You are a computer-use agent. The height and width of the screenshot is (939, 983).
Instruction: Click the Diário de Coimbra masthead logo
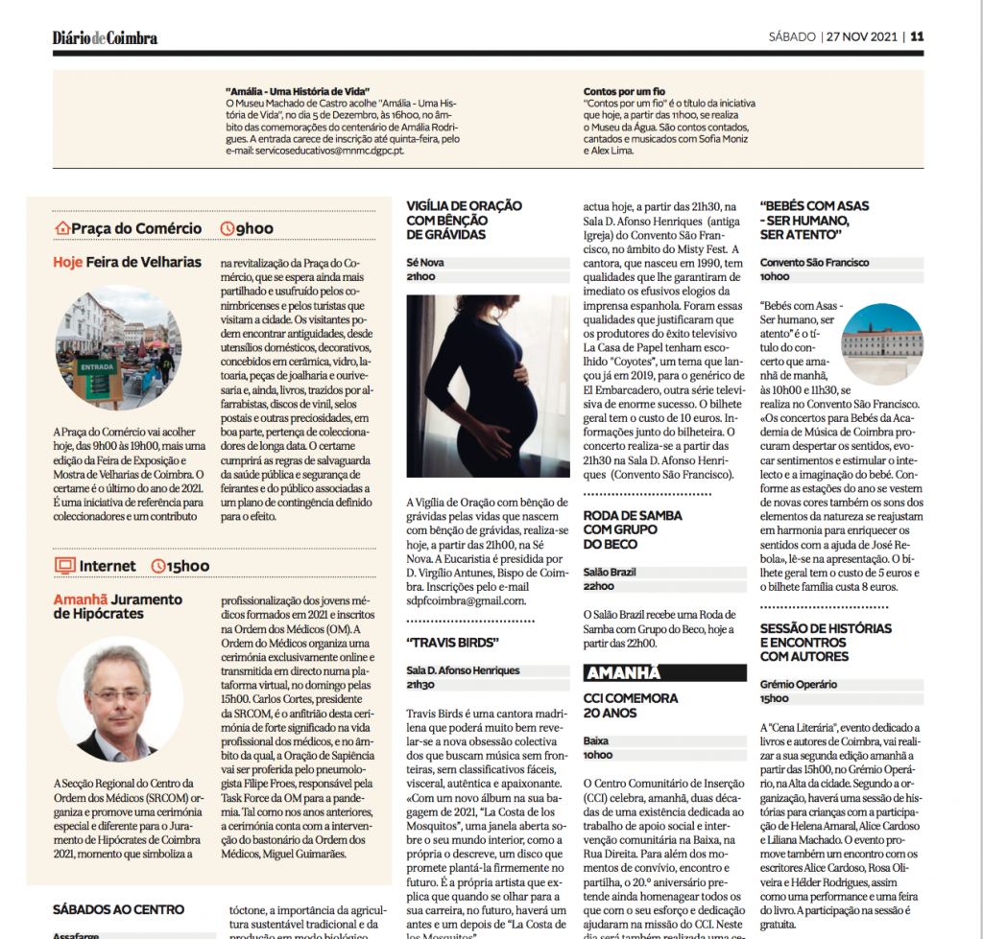click(105, 38)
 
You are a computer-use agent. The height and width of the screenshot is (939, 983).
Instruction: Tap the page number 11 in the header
click(918, 37)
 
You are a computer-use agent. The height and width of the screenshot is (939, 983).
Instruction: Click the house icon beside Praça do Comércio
click(63, 228)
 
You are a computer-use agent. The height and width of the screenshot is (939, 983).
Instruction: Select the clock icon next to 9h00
click(228, 228)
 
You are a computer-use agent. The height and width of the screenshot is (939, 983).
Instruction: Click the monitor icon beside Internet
click(64, 566)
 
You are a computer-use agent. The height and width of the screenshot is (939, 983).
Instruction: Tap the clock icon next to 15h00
click(158, 567)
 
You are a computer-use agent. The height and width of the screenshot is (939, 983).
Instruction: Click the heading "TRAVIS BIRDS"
click(452, 642)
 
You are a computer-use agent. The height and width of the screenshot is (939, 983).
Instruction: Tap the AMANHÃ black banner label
click(623, 673)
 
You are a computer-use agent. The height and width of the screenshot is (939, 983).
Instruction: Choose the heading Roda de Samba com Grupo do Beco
click(633, 529)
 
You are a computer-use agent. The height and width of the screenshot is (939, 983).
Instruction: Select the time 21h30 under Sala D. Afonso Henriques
click(420, 685)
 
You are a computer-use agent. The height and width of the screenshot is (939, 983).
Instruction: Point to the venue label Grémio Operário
click(799, 685)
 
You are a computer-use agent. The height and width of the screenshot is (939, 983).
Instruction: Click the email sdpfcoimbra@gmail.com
click(466, 600)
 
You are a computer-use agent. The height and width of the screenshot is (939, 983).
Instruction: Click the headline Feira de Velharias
click(143, 262)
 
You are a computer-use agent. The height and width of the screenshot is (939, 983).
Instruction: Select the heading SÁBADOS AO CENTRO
click(118, 908)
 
